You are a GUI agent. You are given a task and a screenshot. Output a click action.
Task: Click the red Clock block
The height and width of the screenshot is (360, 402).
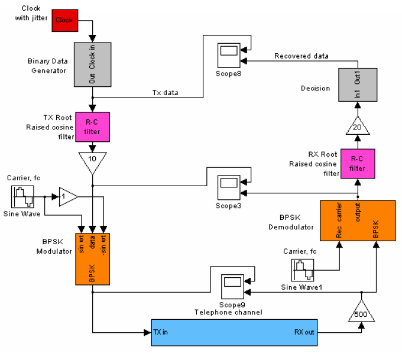coord(64,20)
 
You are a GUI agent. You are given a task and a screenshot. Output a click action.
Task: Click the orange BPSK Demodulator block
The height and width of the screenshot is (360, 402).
coord(357,220)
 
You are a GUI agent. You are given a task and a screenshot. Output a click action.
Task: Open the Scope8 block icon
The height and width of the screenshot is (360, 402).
coord(229,56)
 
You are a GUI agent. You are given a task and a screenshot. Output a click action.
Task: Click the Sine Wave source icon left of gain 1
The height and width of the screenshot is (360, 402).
coord(22,197)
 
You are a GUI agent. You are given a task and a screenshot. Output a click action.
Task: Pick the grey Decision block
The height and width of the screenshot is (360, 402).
coord(357,84)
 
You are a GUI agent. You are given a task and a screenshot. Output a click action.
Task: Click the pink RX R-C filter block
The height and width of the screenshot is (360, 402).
coord(357,164)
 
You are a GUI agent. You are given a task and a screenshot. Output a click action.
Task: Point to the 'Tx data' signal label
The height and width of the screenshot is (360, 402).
coord(165,93)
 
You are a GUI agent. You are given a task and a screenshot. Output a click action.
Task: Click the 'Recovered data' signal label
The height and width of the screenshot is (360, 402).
coord(301,56)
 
